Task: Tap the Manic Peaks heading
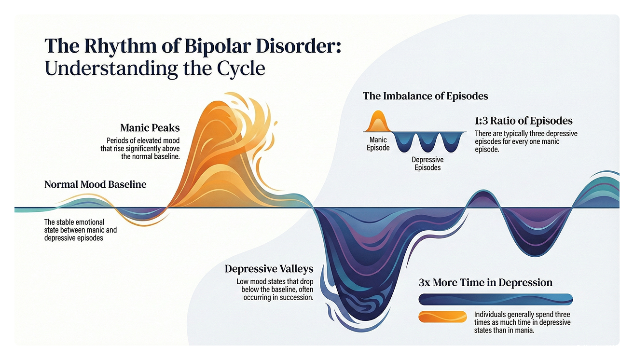(150, 128)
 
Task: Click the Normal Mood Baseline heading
(95, 184)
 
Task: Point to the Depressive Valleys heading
(269, 269)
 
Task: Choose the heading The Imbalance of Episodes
(425, 96)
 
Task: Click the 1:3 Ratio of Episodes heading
(524, 121)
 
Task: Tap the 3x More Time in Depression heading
(485, 283)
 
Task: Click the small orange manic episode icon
(378, 122)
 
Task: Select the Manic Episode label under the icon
(378, 144)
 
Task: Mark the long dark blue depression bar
(496, 300)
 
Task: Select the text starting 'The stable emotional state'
(80, 230)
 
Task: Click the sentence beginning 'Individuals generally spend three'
(523, 322)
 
